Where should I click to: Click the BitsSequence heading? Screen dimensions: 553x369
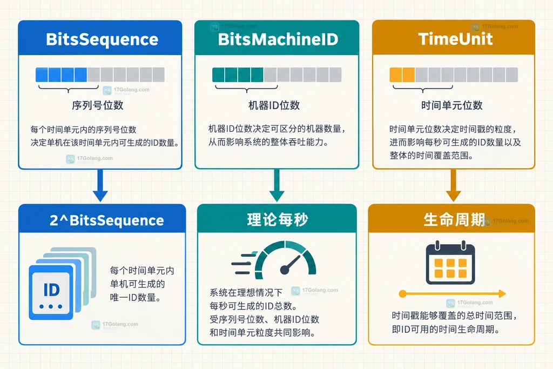pos(102,39)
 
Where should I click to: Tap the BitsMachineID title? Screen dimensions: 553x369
pos(278,39)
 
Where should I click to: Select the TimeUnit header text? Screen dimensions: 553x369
pos(455,39)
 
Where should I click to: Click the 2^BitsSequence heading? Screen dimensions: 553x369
pos(107,220)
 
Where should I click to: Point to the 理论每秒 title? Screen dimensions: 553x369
pos(278,220)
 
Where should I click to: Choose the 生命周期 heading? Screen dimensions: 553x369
pos(454,219)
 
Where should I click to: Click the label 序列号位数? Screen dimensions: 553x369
pos(98,105)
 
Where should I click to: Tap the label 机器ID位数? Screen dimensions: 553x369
pos(274,105)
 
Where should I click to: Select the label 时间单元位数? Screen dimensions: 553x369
pos(452,105)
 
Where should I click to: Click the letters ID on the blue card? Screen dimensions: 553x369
pos(51,290)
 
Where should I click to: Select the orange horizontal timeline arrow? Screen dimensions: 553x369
pos(453,293)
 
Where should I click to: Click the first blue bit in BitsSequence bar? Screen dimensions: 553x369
pos(42,75)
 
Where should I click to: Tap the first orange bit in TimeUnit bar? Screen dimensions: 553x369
pos(396,75)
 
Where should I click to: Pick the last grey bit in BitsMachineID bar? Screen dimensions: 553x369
pos(335,75)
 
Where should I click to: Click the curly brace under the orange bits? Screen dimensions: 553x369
pos(423,88)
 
